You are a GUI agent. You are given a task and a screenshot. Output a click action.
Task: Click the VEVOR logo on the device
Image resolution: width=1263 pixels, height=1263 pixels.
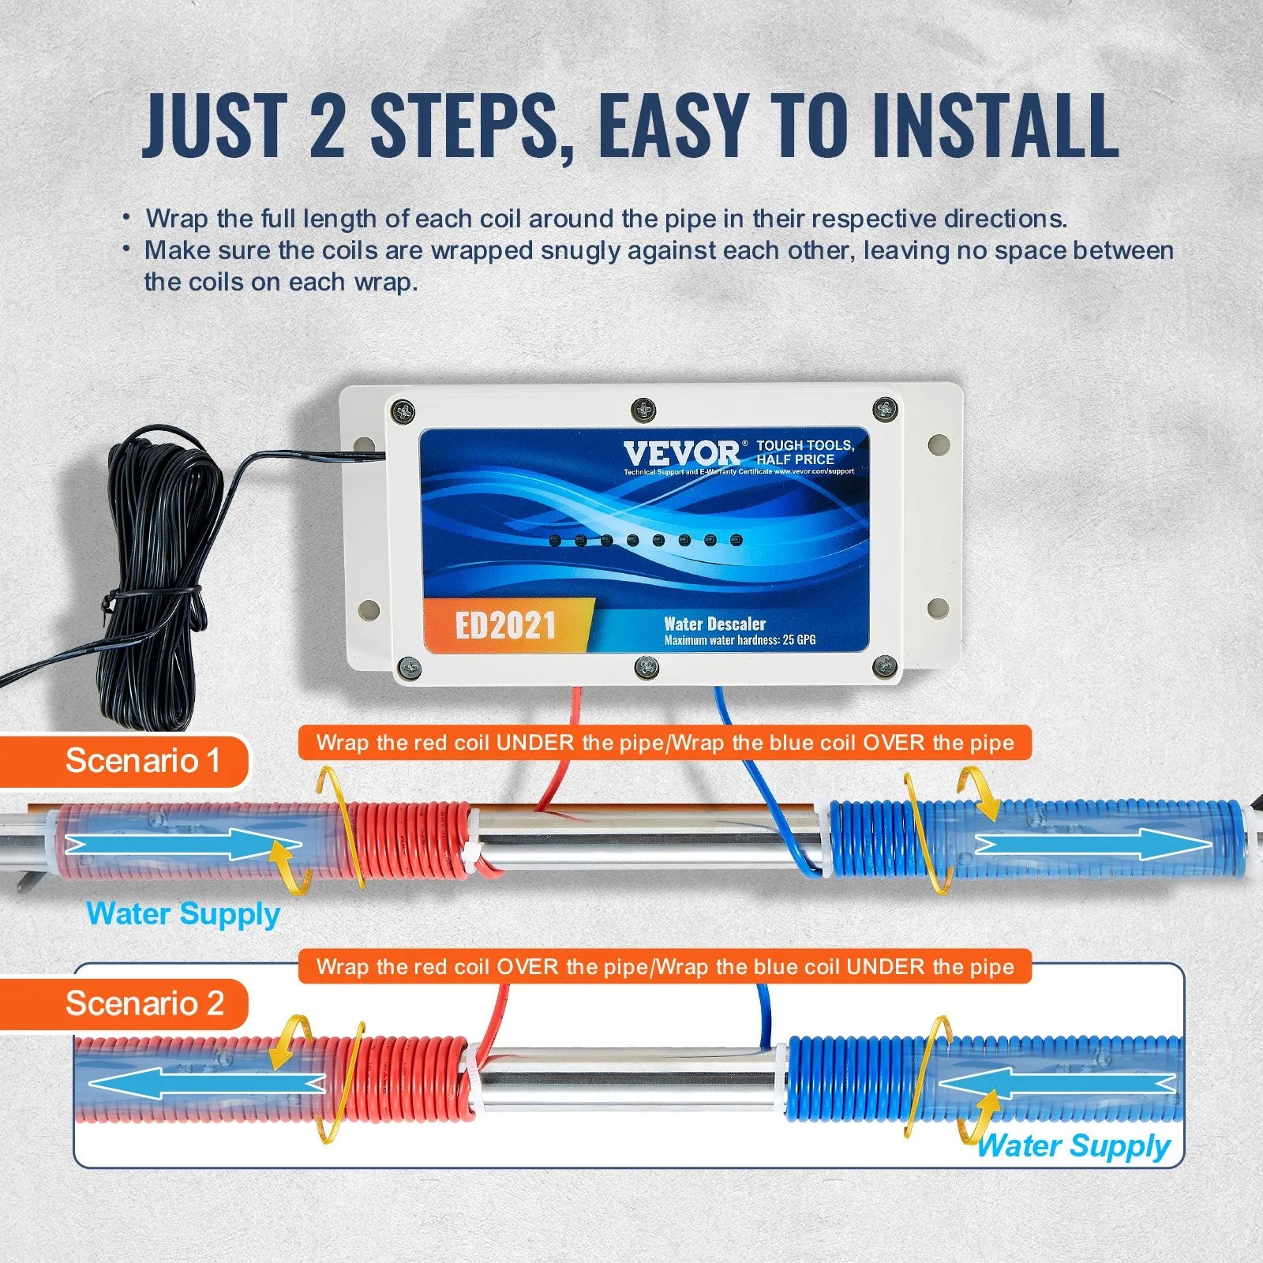click(x=681, y=453)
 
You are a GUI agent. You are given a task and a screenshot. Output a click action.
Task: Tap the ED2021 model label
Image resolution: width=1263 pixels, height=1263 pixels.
click(x=505, y=625)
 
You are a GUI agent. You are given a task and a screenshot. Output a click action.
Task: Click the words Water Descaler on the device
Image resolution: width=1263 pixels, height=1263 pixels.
click(x=714, y=624)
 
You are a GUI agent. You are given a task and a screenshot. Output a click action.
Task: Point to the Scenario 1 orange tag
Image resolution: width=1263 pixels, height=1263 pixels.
click(x=142, y=761)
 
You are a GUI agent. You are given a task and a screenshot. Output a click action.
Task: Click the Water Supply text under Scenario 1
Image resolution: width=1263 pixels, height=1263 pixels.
click(x=183, y=914)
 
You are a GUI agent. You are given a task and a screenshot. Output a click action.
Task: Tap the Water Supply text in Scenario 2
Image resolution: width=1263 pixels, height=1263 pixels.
click(x=1074, y=1145)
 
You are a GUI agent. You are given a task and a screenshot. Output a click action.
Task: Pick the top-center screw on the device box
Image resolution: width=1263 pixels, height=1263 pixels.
click(x=643, y=409)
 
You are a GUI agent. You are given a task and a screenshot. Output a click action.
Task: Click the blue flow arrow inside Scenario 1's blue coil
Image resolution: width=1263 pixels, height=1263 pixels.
click(x=1093, y=845)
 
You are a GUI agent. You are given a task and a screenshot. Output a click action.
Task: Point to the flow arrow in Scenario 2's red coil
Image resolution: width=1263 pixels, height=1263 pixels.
click(x=205, y=1083)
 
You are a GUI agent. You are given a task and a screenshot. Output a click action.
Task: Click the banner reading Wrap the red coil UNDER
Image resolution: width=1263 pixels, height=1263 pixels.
click(x=665, y=743)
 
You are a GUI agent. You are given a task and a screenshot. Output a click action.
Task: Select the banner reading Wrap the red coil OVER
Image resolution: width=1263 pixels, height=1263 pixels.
click(x=665, y=966)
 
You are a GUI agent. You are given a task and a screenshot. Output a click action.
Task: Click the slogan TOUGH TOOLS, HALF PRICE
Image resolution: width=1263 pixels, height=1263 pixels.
click(x=804, y=452)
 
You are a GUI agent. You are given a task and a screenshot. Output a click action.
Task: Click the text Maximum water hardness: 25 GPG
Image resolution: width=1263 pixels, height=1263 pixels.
click(x=740, y=640)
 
